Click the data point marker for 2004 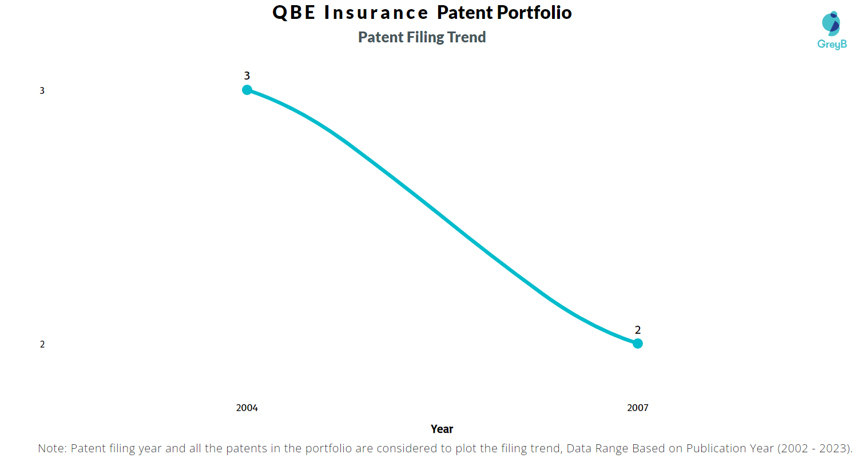click(247, 89)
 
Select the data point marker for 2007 click(638, 343)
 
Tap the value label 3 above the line click(247, 76)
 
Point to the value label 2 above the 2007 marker click(638, 330)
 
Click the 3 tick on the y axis click(42, 90)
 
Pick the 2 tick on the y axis click(42, 344)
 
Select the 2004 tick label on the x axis click(247, 408)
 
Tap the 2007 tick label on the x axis click(638, 408)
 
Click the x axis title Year click(442, 429)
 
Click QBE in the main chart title click(294, 13)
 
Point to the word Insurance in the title click(376, 13)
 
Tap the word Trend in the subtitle click(467, 37)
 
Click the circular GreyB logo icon click(831, 22)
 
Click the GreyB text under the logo click(832, 44)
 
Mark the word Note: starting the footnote click(53, 448)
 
